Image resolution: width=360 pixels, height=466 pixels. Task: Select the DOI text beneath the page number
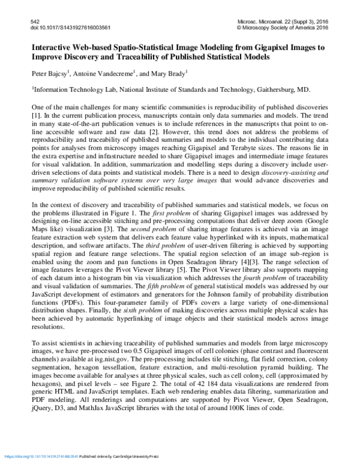(x=61, y=28)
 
